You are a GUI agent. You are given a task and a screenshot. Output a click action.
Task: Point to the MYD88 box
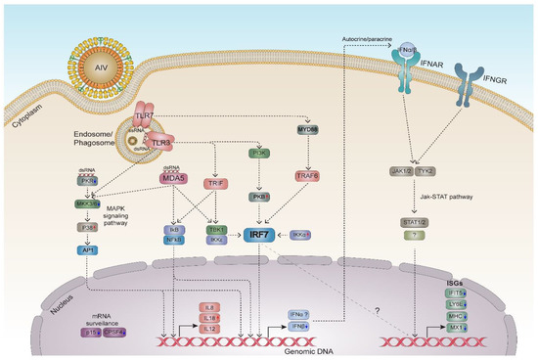(310, 131)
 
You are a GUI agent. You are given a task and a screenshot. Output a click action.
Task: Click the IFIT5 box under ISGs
(456, 293)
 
